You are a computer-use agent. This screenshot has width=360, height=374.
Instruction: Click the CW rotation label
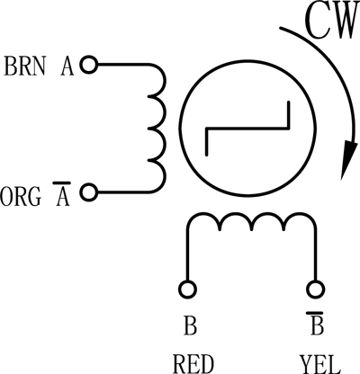click(332, 21)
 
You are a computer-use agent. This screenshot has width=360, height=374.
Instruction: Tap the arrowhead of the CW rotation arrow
click(347, 160)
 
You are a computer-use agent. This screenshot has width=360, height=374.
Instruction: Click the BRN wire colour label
click(24, 66)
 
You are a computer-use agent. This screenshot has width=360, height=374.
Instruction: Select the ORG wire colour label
click(21, 197)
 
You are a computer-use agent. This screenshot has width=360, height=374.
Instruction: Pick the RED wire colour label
click(193, 364)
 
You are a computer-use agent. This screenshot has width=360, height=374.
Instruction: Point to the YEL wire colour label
click(319, 364)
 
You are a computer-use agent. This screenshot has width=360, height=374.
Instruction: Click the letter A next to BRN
click(67, 66)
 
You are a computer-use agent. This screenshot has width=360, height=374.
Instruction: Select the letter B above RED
click(190, 325)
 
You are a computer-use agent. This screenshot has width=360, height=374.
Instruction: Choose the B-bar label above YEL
click(316, 323)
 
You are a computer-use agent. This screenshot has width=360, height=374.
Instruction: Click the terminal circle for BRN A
click(89, 65)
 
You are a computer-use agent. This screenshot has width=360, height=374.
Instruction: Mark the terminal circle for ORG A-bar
click(89, 192)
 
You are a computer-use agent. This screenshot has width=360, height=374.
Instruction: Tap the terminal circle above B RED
click(188, 289)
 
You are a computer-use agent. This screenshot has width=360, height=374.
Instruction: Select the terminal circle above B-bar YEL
click(315, 289)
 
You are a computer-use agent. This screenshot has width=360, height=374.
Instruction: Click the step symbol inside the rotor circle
click(247, 129)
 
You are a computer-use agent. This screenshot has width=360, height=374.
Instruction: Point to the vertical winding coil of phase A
click(164, 129)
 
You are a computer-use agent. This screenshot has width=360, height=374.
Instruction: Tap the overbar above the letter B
click(315, 313)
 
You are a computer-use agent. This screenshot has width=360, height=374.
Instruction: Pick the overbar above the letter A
click(62, 183)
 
